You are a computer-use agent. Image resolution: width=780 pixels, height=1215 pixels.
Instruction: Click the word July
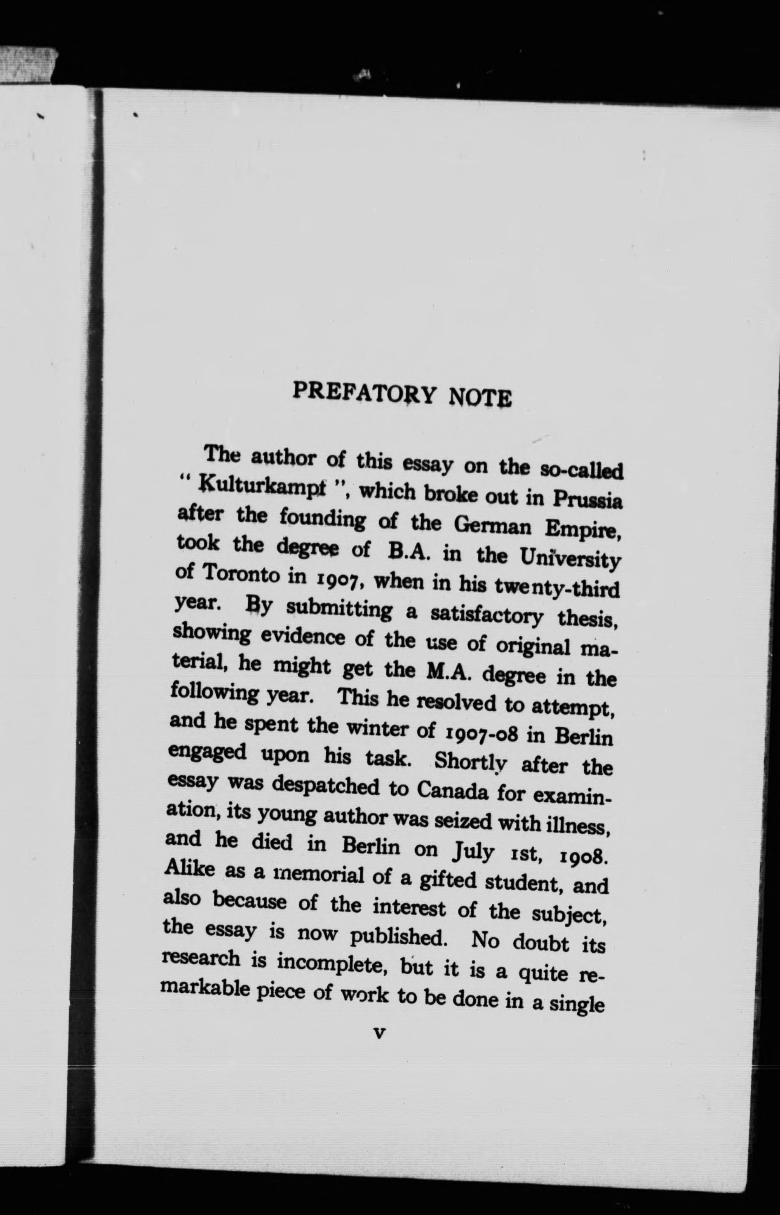[x=471, y=849]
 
